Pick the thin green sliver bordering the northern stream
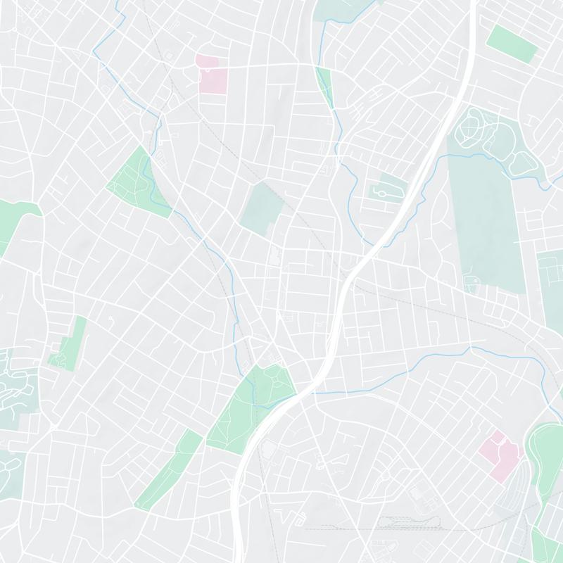point(324,84)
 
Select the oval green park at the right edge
point(545,457)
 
